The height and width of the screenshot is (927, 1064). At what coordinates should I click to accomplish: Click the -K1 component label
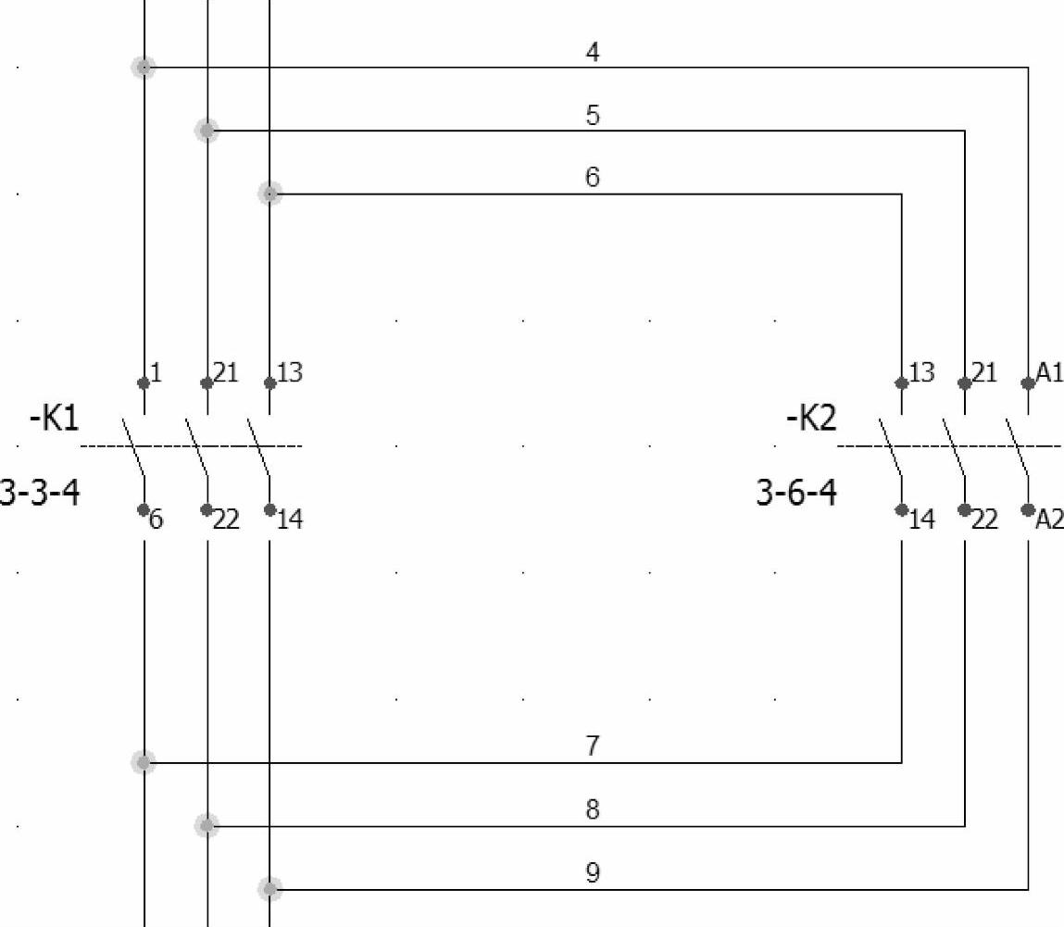tap(55, 419)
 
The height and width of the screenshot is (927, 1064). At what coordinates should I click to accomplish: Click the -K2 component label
tap(811, 419)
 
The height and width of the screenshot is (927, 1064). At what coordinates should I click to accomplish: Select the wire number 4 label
tap(593, 53)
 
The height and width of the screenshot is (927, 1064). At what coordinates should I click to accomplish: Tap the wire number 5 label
tap(593, 116)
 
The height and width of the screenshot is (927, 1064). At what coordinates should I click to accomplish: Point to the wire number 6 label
tap(593, 177)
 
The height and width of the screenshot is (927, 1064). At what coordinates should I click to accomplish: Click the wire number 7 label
tap(593, 745)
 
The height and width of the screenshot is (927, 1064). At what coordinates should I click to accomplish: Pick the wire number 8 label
tap(593, 809)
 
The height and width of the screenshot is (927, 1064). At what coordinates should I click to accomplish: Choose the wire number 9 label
tap(593, 872)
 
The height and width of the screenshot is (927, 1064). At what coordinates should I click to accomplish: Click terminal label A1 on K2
tap(1050, 372)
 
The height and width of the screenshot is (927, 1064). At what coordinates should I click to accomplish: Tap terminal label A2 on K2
tap(1050, 520)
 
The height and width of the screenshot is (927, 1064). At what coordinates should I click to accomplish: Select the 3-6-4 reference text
tap(796, 492)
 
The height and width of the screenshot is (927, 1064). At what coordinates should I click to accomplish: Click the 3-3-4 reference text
tap(40, 492)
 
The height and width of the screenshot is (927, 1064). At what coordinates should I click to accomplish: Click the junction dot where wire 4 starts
tap(144, 67)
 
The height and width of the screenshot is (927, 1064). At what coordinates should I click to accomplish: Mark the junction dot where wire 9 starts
tap(269, 889)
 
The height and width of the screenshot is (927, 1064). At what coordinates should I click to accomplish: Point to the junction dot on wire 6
tap(269, 193)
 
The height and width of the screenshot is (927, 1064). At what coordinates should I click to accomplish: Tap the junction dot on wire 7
tap(144, 762)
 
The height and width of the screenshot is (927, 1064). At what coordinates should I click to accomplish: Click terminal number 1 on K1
tap(156, 372)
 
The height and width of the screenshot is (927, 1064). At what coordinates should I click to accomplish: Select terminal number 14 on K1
tap(290, 520)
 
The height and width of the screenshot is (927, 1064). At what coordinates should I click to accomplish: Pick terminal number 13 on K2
tap(922, 372)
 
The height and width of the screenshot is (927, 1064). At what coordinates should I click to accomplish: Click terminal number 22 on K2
tap(985, 520)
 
